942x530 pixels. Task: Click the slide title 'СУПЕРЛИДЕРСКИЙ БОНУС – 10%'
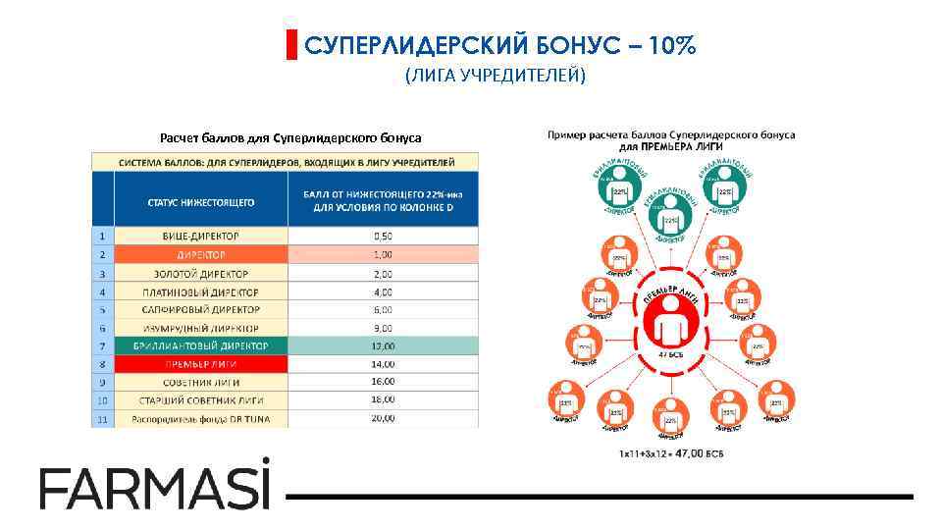[x=499, y=45]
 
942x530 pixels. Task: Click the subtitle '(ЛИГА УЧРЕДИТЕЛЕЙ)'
[x=495, y=77]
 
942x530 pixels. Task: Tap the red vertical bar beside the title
[x=290, y=45]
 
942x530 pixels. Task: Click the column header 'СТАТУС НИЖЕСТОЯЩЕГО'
[x=201, y=201]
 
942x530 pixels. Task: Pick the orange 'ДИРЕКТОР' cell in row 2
[x=201, y=255]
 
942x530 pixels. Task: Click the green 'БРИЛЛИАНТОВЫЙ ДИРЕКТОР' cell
[x=201, y=345]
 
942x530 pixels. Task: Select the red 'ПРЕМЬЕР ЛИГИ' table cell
[x=201, y=364]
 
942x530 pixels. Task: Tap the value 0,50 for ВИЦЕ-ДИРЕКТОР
[x=384, y=237]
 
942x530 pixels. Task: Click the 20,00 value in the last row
[x=384, y=418]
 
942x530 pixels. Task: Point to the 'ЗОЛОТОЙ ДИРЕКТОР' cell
[x=201, y=274]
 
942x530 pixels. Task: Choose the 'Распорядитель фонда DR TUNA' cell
[x=201, y=419]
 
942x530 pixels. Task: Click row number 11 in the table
[x=101, y=419]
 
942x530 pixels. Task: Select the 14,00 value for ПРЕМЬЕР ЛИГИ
[x=384, y=364]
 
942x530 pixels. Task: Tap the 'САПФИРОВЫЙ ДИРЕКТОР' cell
[x=201, y=309]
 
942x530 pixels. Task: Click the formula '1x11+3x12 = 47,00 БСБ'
[x=671, y=454]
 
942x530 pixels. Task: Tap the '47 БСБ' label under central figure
[x=671, y=353]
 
